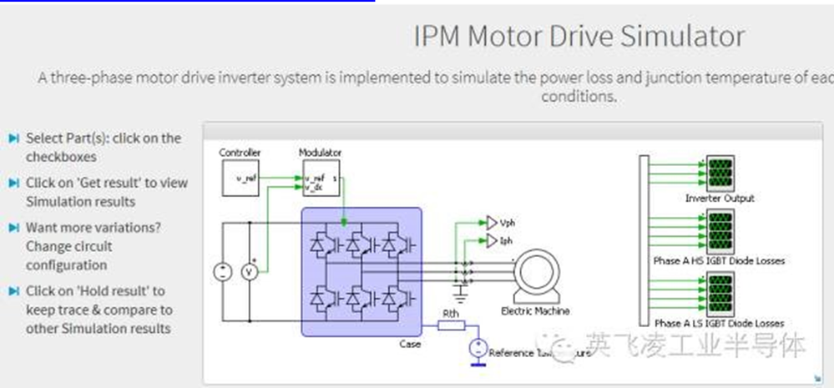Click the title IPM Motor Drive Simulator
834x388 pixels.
(579, 37)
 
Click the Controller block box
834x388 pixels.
(240, 178)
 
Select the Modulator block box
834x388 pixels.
(321, 178)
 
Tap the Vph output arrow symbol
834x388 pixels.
(490, 223)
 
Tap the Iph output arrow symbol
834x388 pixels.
(490, 242)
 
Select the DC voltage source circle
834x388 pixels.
(223, 272)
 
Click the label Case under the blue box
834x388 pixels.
(410, 344)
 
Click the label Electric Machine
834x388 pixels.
(535, 311)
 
